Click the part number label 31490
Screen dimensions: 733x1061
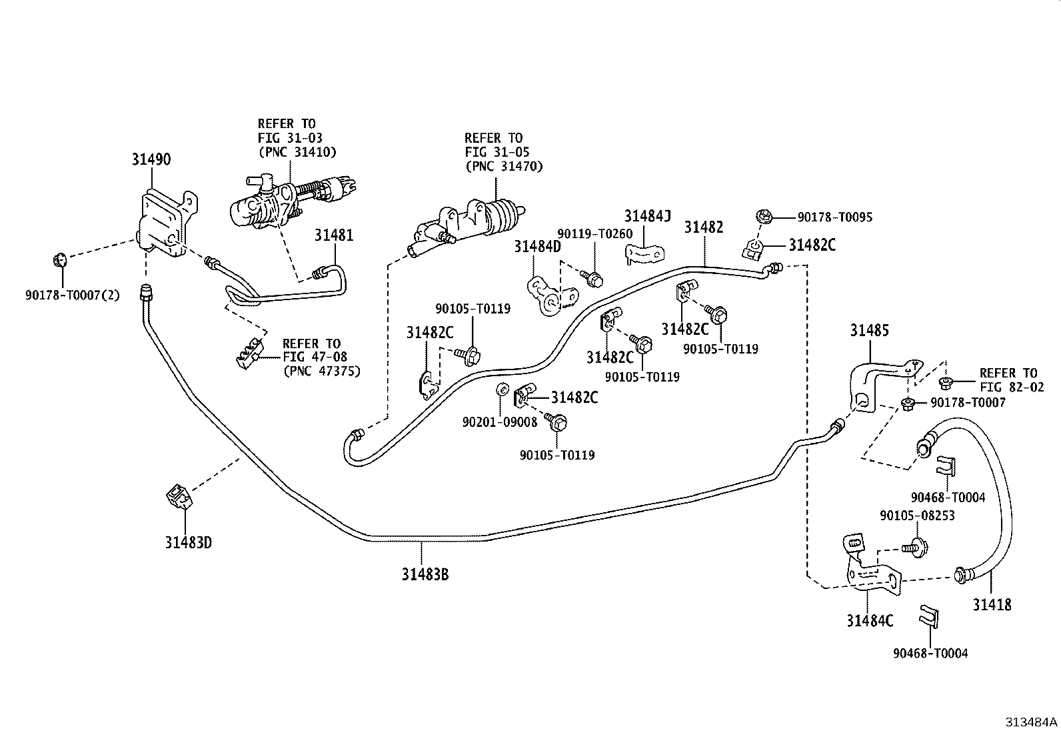(151, 159)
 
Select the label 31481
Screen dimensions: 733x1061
(334, 235)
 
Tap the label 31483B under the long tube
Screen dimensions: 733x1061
(425, 574)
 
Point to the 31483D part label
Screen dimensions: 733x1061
(189, 542)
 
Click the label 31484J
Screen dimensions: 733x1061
(647, 216)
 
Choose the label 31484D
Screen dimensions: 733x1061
(537, 247)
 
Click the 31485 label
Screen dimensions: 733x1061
(869, 330)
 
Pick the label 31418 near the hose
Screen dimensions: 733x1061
(991, 604)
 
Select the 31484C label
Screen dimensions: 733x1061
(870, 621)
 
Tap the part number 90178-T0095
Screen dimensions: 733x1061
(835, 217)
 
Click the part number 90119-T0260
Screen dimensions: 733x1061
(594, 233)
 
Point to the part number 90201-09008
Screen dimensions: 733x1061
(500, 422)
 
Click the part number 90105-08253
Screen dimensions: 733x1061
(917, 515)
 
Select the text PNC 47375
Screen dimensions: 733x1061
(321, 371)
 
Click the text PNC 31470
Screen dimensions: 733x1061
(504, 166)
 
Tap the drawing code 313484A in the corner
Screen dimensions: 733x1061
(1032, 722)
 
